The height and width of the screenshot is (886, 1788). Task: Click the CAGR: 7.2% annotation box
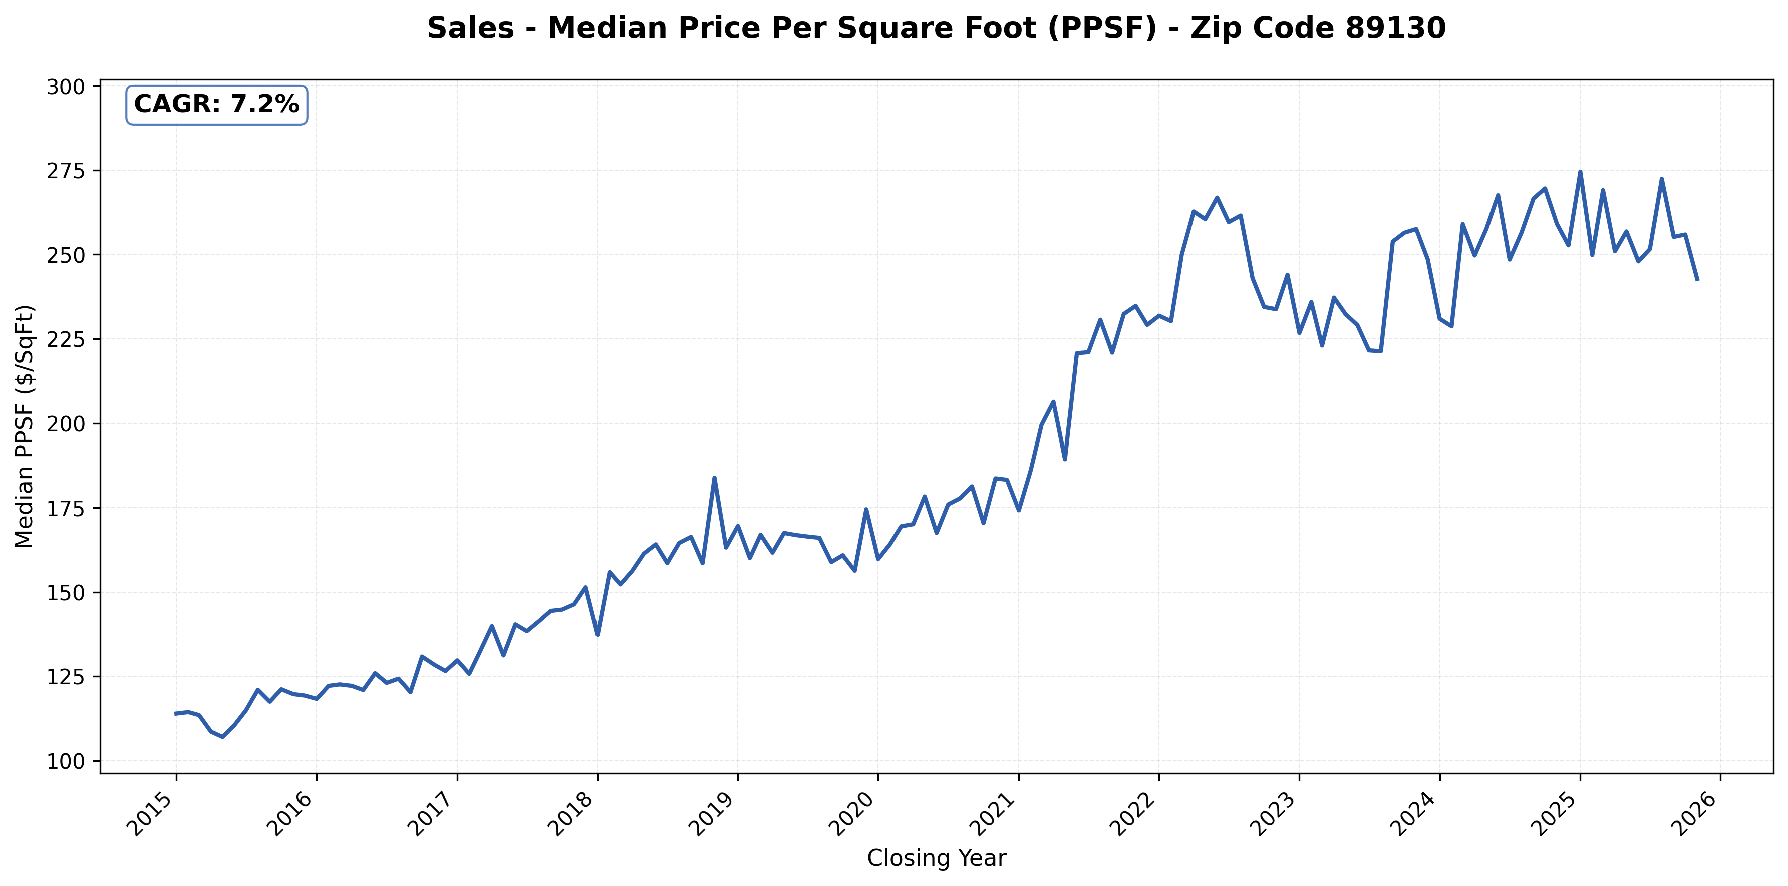pyautogui.click(x=216, y=105)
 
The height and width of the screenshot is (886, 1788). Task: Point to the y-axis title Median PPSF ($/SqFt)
pyautogui.click(x=25, y=426)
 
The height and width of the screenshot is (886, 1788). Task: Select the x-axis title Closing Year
pyautogui.click(x=937, y=858)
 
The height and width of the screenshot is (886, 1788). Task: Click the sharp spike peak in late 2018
pyautogui.click(x=714, y=478)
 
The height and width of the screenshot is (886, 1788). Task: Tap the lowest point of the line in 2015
pyautogui.click(x=222, y=737)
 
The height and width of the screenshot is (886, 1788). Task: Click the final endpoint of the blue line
pyautogui.click(x=1697, y=280)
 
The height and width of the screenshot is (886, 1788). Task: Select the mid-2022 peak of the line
pyautogui.click(x=1217, y=198)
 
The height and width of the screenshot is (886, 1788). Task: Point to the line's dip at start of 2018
pyautogui.click(x=598, y=635)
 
